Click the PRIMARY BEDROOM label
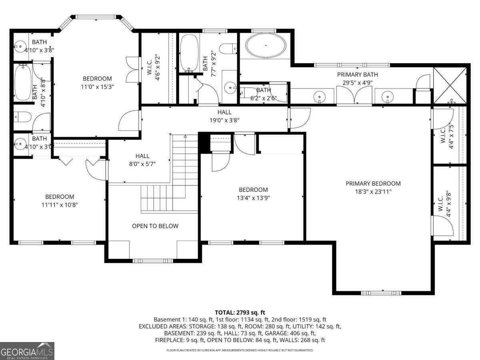373,184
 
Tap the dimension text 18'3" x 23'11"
373,192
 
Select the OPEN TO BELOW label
155,226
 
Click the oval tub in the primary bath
266,46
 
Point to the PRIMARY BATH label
357,74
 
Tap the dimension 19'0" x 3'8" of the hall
224,120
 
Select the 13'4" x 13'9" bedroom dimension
253,198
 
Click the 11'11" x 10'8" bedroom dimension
60,204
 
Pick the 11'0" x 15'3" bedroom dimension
97,86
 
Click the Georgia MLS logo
27,351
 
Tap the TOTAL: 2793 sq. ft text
240,312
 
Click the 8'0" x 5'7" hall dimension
142,164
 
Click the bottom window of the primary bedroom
381,293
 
